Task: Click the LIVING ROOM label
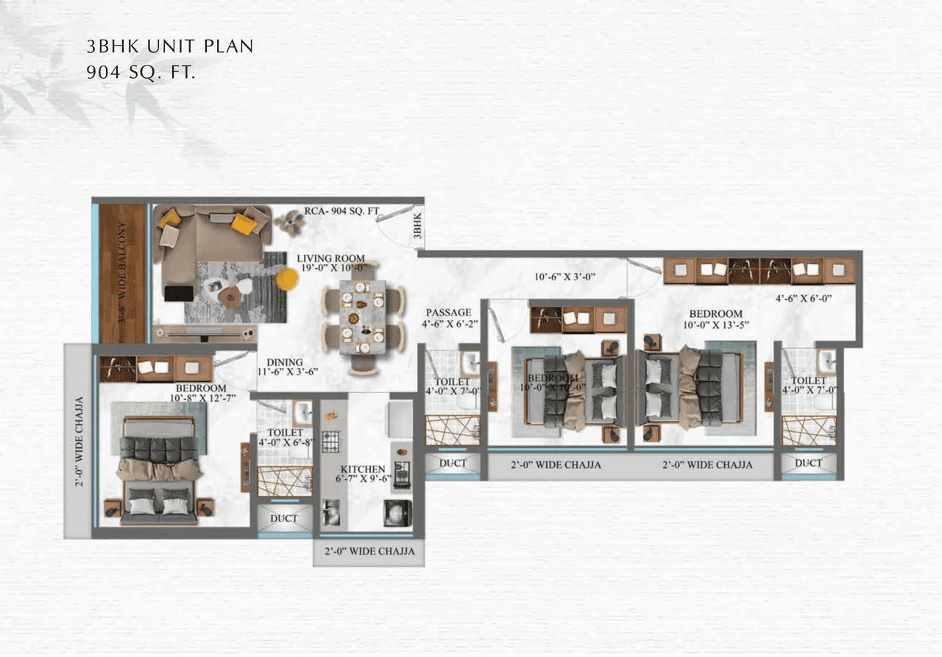point(331,258)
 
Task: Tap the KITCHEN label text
point(363,469)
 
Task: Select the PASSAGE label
point(447,313)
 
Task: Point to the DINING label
point(285,362)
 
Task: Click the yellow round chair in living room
point(286,279)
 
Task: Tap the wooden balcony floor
point(123,273)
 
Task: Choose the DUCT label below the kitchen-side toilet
point(283,519)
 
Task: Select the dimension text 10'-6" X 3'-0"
point(564,278)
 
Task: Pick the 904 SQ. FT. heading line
point(141,72)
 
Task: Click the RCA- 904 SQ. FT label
point(341,212)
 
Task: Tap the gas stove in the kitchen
point(331,441)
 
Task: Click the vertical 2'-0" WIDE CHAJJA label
point(79,442)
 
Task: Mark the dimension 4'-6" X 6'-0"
point(804,299)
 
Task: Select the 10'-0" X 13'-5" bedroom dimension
point(715,324)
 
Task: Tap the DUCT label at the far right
point(808,463)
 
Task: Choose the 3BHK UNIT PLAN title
point(170,46)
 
